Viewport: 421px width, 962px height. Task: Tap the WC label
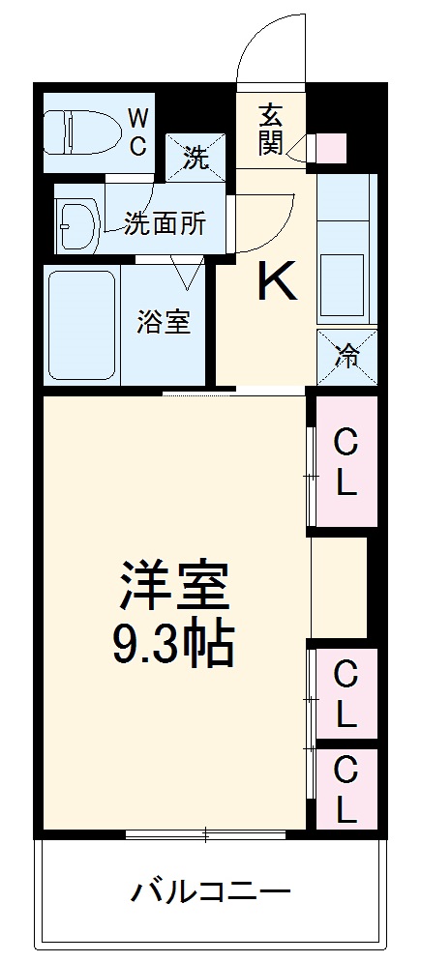click(x=138, y=132)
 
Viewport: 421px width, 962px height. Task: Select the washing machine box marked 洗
click(x=196, y=155)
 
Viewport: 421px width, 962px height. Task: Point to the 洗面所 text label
click(x=165, y=223)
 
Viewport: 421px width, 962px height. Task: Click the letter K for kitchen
click(x=275, y=282)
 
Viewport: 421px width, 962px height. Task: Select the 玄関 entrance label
click(x=270, y=129)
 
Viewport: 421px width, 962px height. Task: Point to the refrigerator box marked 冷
click(x=346, y=357)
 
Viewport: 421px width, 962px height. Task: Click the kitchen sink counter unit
click(x=346, y=249)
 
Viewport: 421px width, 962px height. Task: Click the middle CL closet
click(x=346, y=692)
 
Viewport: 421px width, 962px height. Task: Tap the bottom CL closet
click(x=346, y=788)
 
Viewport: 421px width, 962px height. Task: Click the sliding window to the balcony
click(x=205, y=833)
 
